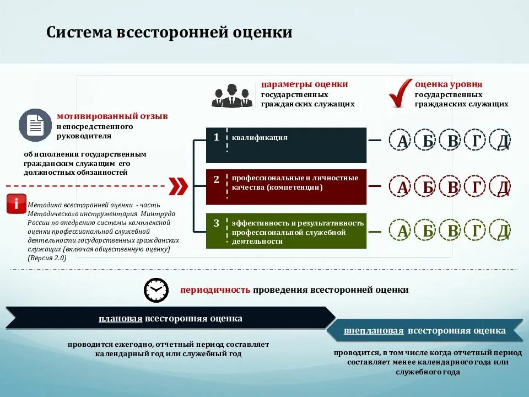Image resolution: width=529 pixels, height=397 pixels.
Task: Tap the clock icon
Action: coord(156,289)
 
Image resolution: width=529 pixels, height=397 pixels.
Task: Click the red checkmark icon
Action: coord(401,93)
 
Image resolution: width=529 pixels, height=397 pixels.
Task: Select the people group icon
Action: coord(231,95)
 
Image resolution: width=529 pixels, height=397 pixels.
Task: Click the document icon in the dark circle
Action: coord(35,125)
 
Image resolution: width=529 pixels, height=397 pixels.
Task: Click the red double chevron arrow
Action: coord(177,186)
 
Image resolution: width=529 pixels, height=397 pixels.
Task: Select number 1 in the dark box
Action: coord(217,137)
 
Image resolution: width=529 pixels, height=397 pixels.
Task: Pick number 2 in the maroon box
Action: coord(217,179)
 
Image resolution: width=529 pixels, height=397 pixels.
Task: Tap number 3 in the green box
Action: coord(217,223)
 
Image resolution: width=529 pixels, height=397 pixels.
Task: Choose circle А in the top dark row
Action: coord(402,141)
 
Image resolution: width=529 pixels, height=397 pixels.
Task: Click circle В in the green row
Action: coord(452,230)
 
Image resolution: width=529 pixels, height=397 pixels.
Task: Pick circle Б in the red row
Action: coord(428,187)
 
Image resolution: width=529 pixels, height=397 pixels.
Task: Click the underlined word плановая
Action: coord(121,319)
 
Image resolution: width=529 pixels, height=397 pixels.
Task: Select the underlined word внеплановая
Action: coord(374,331)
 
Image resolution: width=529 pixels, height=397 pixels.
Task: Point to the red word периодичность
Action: coord(215,289)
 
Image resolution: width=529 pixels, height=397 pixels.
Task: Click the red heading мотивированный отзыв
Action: coord(112,116)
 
